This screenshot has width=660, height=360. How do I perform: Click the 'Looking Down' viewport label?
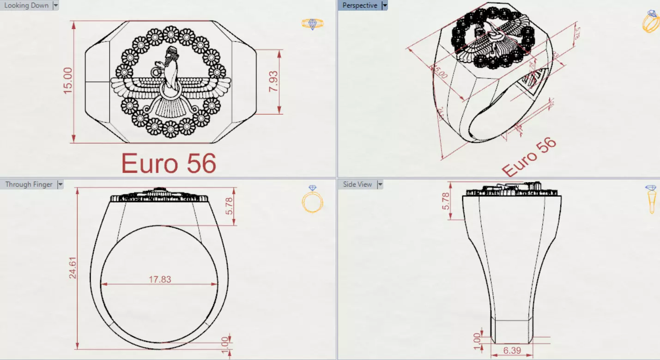(x=26, y=6)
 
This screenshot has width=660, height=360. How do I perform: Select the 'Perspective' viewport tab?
(x=359, y=6)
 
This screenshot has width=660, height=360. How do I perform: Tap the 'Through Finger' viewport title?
(x=29, y=184)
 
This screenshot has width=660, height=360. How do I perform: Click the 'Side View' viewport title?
(x=357, y=184)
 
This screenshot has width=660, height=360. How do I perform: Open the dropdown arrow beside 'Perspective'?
(x=384, y=6)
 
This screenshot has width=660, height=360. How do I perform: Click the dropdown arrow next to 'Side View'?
(x=380, y=184)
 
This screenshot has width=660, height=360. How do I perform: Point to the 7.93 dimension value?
(x=273, y=81)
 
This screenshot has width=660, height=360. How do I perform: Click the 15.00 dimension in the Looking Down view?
(x=68, y=80)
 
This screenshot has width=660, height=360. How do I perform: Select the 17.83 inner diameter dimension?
(x=159, y=279)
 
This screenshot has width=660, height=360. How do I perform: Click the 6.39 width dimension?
(x=511, y=351)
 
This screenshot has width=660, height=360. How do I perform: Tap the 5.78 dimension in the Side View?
(x=446, y=201)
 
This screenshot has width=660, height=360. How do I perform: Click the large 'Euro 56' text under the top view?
(x=169, y=164)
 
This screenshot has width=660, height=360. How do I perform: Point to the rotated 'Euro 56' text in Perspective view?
(x=529, y=157)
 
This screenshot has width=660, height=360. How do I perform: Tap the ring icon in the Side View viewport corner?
(x=651, y=199)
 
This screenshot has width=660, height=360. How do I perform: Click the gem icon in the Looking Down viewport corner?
(x=312, y=24)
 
